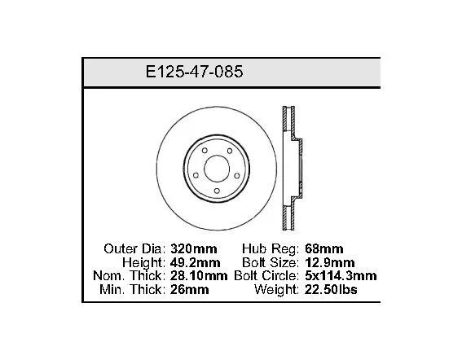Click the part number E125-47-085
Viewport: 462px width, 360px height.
click(x=194, y=72)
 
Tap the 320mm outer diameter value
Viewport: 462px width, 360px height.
click(x=194, y=249)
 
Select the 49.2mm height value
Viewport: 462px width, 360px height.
click(x=196, y=262)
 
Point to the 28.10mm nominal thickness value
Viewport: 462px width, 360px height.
click(x=199, y=276)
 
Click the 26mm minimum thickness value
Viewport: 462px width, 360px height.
click(x=190, y=290)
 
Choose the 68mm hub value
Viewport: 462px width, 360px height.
click(x=323, y=249)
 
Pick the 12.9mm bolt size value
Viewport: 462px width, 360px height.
click(x=330, y=262)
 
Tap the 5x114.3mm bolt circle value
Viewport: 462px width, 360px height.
click(x=341, y=276)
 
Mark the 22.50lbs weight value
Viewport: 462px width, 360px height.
click(x=331, y=290)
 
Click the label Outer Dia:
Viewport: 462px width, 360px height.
click(x=134, y=249)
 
